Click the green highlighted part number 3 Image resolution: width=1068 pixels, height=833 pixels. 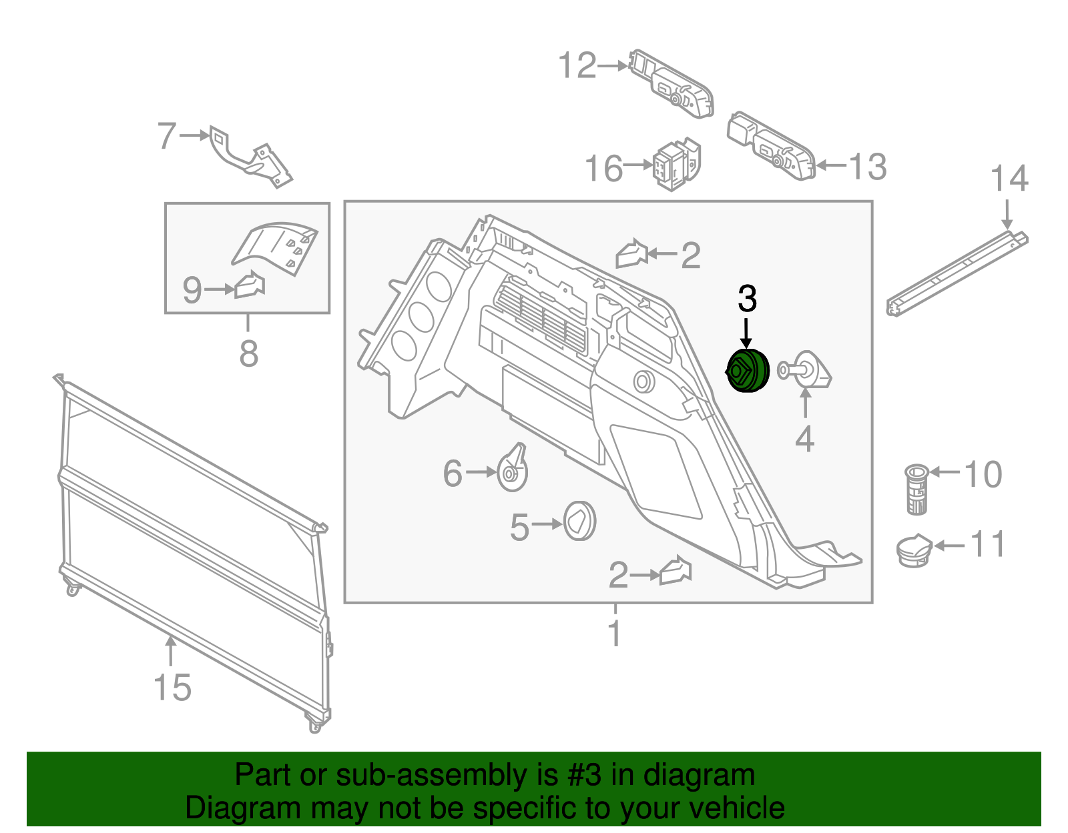pos(748,371)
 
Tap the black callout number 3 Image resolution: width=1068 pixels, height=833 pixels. pos(747,299)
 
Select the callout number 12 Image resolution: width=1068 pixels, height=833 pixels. pos(577,66)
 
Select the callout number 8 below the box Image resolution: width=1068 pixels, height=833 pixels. pos(248,353)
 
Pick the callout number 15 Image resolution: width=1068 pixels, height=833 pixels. pos(172,688)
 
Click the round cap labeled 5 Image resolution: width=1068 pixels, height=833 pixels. pos(579,521)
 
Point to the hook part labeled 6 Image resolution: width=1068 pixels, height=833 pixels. pos(513,469)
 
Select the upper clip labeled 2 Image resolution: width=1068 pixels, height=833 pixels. pos(631,253)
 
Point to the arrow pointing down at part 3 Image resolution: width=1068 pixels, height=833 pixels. pos(746,331)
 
